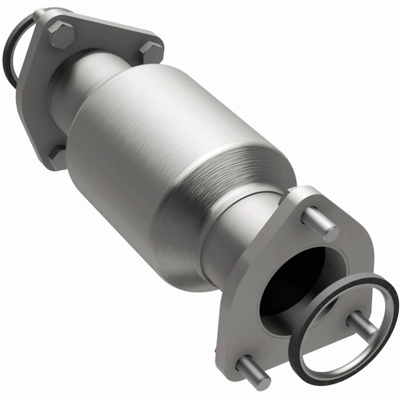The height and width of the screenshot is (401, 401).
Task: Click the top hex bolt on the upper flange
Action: pos(60,35)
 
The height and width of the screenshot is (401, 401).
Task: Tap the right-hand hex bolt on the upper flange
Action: pos(151,53)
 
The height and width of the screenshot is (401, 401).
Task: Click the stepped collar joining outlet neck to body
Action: pos(229,200)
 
